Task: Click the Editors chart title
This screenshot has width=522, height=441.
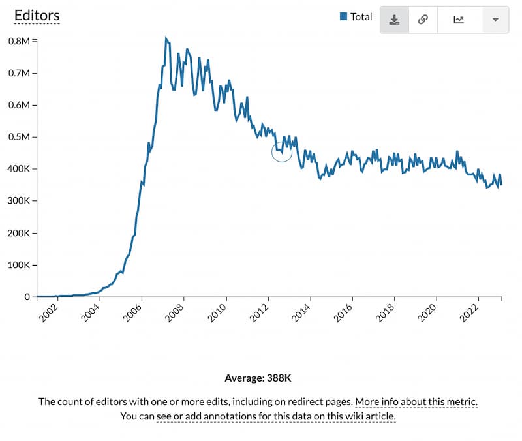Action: [x=37, y=15]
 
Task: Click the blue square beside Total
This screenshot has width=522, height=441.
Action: [x=343, y=16]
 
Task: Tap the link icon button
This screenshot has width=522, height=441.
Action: [x=422, y=20]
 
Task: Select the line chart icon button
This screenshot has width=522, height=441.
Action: [x=459, y=20]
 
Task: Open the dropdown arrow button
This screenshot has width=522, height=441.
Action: [x=495, y=20]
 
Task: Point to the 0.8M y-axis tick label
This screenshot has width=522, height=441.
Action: [x=19, y=40]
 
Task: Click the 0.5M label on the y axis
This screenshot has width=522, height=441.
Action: [x=19, y=137]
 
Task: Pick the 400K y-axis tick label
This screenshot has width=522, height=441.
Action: [x=18, y=169]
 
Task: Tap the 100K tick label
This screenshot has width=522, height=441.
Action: [x=18, y=265]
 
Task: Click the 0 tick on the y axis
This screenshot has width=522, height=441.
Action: [x=27, y=297]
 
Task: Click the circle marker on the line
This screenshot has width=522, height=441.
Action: [x=282, y=151]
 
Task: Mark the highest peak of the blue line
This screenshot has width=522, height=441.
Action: [x=166, y=38]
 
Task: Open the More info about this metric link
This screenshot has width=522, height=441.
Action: [x=416, y=401]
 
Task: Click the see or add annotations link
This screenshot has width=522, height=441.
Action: [x=276, y=416]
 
